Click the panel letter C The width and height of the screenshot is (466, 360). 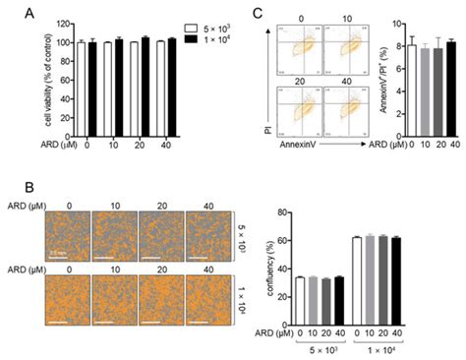coord(258,15)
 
